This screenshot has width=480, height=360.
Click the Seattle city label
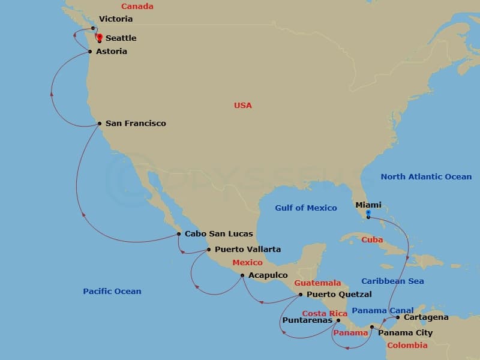121,38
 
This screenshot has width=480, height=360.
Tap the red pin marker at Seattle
99,37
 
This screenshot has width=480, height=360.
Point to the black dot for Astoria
90,52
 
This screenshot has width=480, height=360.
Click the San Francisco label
136,124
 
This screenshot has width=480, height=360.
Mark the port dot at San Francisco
99,124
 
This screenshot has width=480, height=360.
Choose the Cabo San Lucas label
218,233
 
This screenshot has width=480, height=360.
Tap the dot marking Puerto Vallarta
208,250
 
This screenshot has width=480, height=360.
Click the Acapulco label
268,275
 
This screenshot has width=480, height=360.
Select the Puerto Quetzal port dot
301,295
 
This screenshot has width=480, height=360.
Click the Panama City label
405,333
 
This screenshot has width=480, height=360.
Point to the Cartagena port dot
397,317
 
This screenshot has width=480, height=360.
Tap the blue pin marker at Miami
368,214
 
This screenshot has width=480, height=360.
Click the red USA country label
243,106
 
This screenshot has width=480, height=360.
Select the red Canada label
137,7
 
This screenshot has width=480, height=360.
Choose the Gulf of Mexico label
306,208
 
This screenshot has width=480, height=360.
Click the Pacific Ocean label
112,292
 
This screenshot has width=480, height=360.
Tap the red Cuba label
372,240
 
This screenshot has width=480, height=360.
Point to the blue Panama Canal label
382,310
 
